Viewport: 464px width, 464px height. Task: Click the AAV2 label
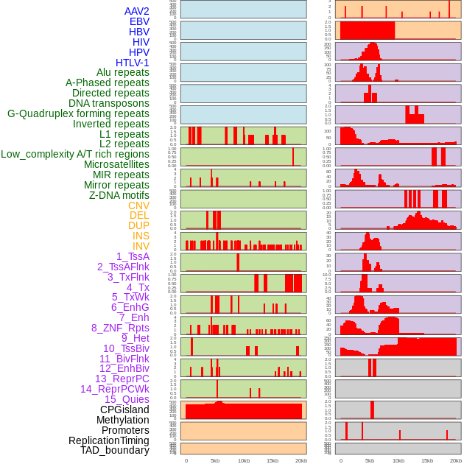137,11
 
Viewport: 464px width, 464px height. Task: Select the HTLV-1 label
133,63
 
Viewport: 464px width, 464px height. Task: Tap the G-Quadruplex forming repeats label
78,113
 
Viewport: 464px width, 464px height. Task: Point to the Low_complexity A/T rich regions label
75,154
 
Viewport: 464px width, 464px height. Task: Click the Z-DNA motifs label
119,195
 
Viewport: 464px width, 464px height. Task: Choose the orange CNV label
138,205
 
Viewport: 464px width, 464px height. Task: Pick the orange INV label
141,246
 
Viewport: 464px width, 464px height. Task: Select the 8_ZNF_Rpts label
120,328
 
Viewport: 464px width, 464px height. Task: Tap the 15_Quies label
127,399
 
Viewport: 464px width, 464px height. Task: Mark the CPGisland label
124,409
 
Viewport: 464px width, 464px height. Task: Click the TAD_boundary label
115,450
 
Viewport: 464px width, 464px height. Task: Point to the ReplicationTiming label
109,440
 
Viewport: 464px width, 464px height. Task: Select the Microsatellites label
116,164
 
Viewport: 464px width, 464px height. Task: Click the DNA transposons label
109,103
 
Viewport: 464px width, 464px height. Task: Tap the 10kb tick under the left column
244,460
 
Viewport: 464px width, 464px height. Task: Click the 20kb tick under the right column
456,460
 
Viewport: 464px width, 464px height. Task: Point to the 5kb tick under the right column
370,460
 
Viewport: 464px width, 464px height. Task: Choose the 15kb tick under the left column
273,460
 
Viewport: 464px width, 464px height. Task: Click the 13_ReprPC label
122,379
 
